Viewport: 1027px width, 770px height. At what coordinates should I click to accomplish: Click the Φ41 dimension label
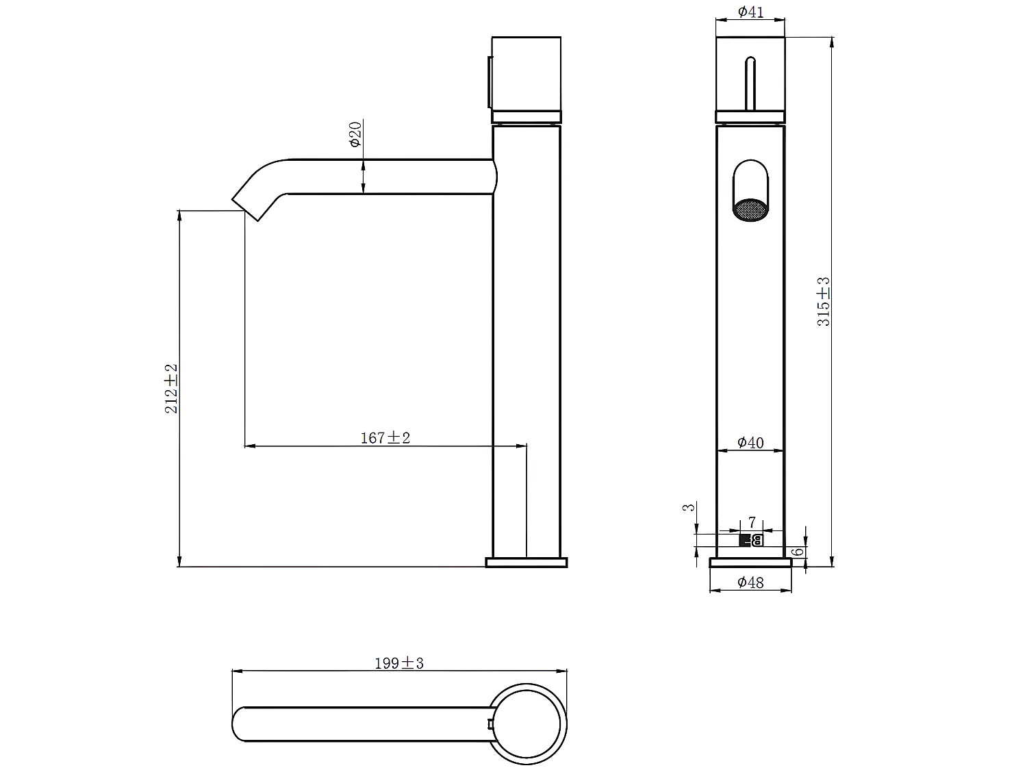tap(750, 12)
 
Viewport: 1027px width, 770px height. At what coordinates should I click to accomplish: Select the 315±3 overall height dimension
tap(823, 301)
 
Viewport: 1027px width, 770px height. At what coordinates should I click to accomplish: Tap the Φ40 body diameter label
tap(750, 443)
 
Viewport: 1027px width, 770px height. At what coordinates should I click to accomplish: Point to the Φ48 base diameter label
tap(750, 582)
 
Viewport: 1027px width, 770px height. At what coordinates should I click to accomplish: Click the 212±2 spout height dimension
tap(171, 388)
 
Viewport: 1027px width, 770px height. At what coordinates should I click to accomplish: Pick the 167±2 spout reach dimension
tap(385, 438)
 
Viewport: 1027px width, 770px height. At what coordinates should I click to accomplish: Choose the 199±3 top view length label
tap(399, 663)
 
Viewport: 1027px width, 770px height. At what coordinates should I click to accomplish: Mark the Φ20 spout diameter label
tap(355, 134)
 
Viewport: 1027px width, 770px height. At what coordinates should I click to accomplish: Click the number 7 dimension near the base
tap(751, 523)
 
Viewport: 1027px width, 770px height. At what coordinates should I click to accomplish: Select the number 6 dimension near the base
tap(797, 552)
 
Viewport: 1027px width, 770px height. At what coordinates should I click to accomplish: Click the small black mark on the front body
tap(751, 541)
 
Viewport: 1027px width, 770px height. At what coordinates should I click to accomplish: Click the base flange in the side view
tap(527, 563)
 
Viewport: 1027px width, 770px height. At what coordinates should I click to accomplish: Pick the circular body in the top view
tap(529, 723)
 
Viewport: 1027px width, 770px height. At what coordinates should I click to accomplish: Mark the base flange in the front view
tap(750, 563)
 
